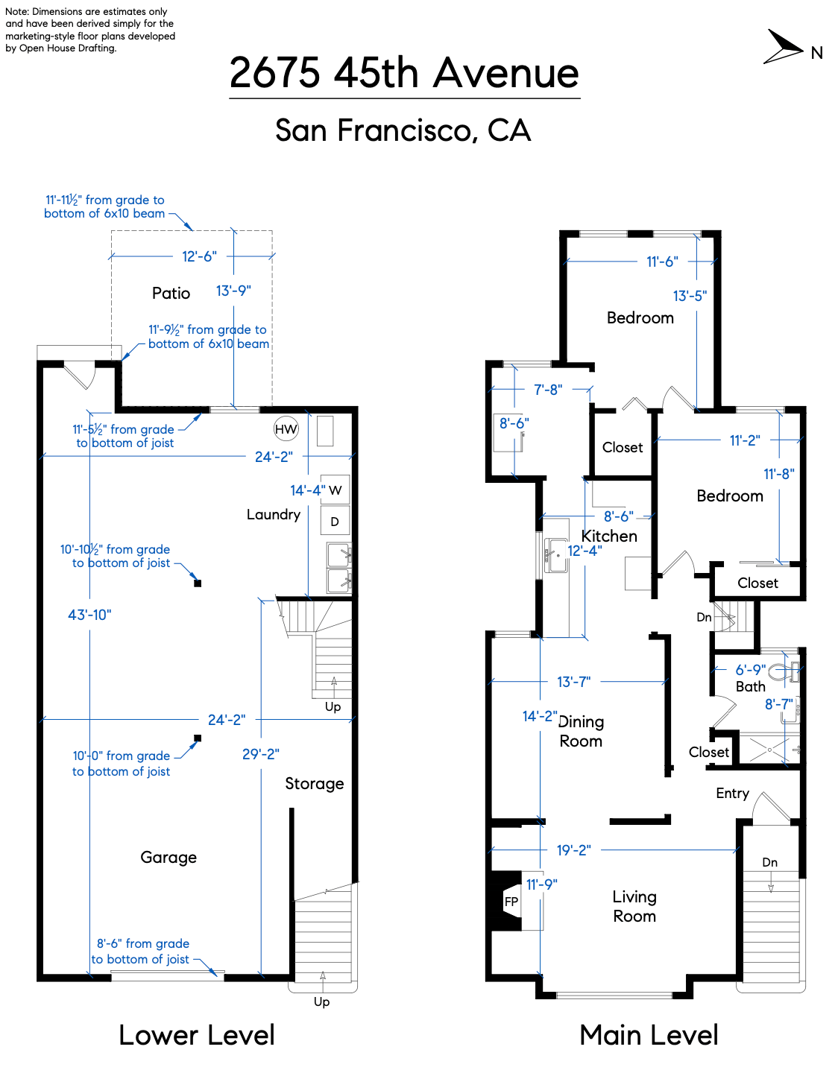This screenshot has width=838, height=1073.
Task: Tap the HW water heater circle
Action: pyautogui.click(x=286, y=428)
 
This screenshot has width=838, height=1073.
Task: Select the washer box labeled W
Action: pyautogui.click(x=335, y=490)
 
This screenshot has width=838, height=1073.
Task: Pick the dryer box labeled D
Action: pyautogui.click(x=335, y=522)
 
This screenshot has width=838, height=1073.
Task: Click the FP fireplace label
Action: pyautogui.click(x=511, y=902)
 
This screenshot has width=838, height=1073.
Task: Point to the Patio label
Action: pyautogui.click(x=171, y=293)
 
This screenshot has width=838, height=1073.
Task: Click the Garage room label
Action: pyautogui.click(x=168, y=858)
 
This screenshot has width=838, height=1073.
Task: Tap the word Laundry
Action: pyautogui.click(x=274, y=515)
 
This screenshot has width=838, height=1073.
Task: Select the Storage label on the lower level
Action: pyautogui.click(x=314, y=784)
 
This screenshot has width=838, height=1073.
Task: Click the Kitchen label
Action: pyautogui.click(x=609, y=536)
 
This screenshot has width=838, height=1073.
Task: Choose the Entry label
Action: pyautogui.click(x=732, y=794)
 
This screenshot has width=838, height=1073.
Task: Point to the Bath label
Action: pyautogui.click(x=750, y=687)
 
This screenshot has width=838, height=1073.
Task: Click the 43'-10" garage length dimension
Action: pyautogui.click(x=89, y=615)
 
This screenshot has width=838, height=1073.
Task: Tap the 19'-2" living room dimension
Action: pyautogui.click(x=573, y=850)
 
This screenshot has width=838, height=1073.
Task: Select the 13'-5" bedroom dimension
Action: pyautogui.click(x=690, y=296)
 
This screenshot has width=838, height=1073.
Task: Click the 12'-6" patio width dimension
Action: pyautogui.click(x=199, y=256)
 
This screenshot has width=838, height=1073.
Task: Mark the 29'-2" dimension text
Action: pyautogui.click(x=260, y=754)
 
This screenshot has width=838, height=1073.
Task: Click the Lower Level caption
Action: pyautogui.click(x=197, y=1035)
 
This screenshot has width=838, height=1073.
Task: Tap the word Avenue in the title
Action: pyautogui.click(x=506, y=73)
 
